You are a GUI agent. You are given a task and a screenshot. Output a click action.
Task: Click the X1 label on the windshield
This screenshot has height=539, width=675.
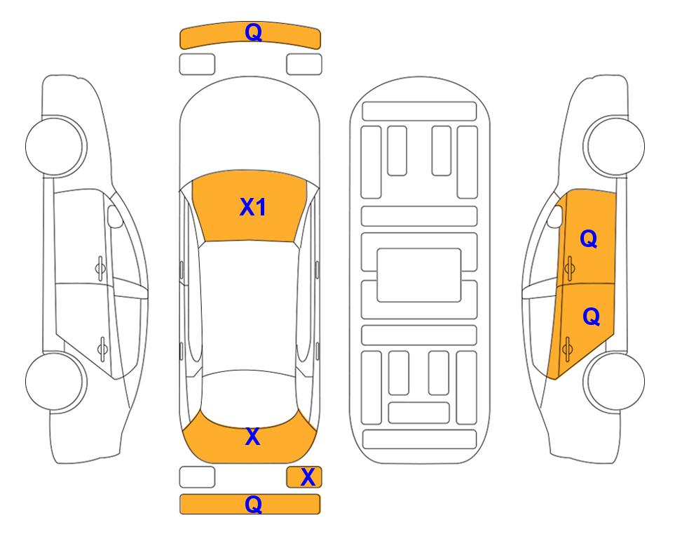click(x=253, y=207)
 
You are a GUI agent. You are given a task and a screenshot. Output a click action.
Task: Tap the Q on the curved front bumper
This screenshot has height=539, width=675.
click(x=253, y=32)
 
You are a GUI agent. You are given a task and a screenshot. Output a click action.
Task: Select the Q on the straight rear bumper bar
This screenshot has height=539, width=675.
click(x=253, y=504)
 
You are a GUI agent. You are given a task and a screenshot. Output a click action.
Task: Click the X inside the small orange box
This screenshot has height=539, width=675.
click(x=308, y=477)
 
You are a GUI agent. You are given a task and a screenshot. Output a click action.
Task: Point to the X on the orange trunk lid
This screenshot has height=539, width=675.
click(x=253, y=437)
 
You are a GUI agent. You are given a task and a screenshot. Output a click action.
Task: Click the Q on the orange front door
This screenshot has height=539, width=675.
click(x=589, y=239)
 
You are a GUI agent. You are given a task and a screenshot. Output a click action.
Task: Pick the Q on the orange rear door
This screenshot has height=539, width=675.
click(x=591, y=317)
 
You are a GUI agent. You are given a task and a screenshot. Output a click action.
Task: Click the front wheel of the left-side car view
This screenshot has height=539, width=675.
click(x=55, y=146)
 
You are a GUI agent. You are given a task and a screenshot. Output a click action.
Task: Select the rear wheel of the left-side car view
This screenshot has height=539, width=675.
click(x=55, y=381)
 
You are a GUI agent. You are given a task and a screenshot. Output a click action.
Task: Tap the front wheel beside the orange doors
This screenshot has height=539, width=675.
click(x=615, y=146)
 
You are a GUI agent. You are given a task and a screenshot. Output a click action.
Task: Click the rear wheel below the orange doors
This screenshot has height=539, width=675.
click(x=615, y=381)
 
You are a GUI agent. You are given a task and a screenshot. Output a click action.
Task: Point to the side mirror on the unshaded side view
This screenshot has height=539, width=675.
click(x=114, y=216)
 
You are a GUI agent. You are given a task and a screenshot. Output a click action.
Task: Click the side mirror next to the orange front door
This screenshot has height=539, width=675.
click(x=555, y=216)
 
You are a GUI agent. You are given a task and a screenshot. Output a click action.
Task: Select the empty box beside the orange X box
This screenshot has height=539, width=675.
click(x=197, y=477)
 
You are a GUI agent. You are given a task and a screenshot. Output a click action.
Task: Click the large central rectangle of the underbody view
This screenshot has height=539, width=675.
click(x=419, y=275)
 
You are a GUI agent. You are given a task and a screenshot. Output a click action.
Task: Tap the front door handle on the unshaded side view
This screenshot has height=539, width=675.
click(x=100, y=268)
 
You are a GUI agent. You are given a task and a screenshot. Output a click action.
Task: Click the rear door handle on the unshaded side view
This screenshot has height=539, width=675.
click(x=102, y=347)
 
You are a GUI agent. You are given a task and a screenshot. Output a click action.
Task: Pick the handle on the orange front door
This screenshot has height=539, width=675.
click(x=569, y=268)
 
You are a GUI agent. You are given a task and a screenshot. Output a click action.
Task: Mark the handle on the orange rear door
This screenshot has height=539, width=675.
click(x=567, y=347)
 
